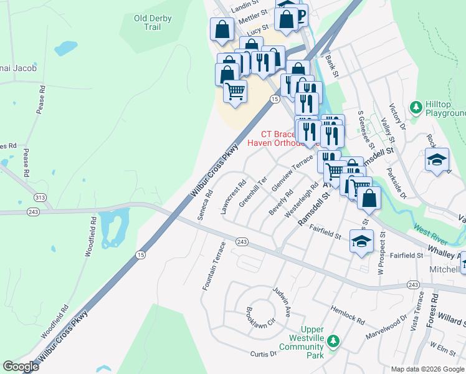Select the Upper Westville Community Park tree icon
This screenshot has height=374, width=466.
pyautogui.click(x=333, y=341)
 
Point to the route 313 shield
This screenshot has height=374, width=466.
pyautogui.click(x=40, y=198)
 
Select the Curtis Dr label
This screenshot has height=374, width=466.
pyautogui.click(x=263, y=353)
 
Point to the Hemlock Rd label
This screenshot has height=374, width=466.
pyautogui.click(x=348, y=315)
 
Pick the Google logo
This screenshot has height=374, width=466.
pyautogui.click(x=21, y=367)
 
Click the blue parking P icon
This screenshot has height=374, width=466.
pyautogui.click(x=302, y=14)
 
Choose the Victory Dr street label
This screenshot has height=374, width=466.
pyautogui.click(x=397, y=117)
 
